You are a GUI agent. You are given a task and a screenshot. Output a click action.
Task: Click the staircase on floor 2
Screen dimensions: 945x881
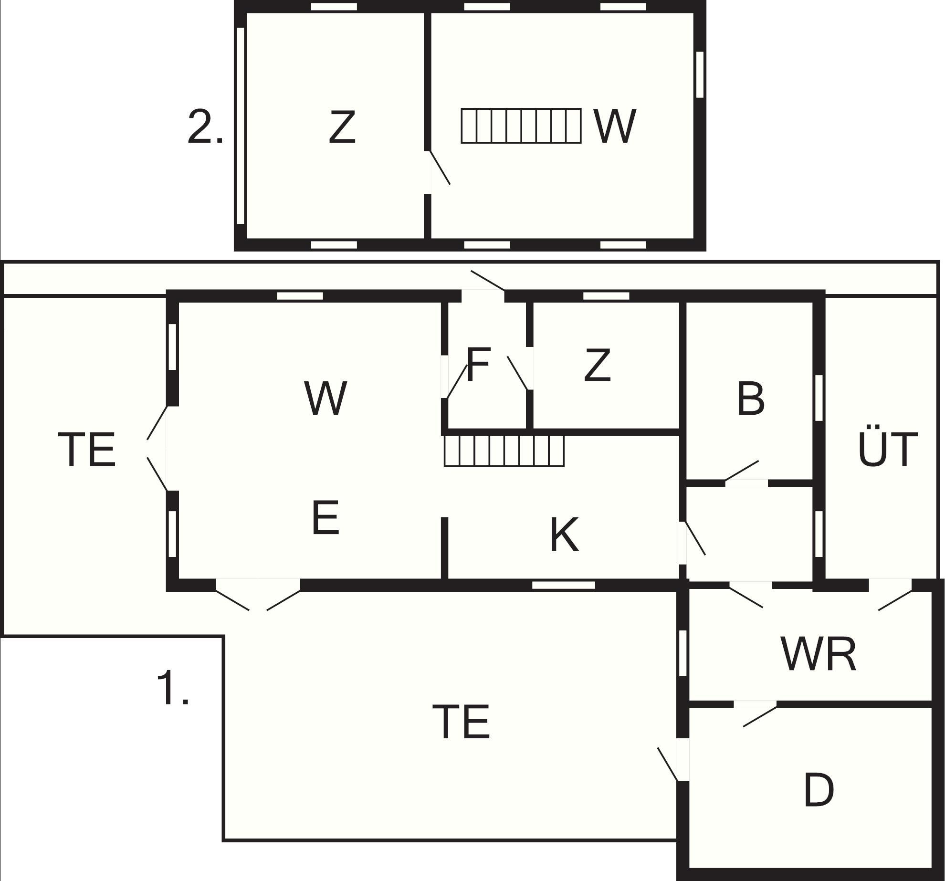[521, 126]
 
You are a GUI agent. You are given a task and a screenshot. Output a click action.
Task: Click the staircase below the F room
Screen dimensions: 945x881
[504, 451]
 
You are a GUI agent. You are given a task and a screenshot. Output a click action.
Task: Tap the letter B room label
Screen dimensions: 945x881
[751, 399]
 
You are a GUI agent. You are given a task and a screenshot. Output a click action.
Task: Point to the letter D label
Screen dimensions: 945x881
[819, 790]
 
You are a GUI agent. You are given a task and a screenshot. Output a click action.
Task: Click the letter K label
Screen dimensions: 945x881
[565, 535]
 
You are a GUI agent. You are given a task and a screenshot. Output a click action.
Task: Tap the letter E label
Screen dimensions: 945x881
[325, 517]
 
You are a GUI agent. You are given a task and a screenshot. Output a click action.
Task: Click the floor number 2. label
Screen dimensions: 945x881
[205, 126]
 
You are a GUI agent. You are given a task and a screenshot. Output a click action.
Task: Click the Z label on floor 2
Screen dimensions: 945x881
[342, 127]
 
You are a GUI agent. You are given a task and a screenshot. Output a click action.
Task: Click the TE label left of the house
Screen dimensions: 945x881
[87, 449]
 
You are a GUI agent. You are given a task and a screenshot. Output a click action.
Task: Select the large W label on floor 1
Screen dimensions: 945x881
[325, 398]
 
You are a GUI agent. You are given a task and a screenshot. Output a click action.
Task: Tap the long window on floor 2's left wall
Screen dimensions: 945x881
[241, 126]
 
